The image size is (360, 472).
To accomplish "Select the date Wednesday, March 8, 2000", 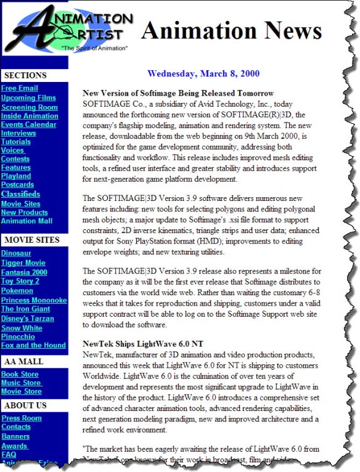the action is (203, 74).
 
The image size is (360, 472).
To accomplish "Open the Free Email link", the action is (19, 89).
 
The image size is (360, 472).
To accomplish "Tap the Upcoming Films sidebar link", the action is (28, 98).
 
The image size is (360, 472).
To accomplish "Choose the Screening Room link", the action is (30, 107).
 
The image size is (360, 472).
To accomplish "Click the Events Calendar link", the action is (28, 124).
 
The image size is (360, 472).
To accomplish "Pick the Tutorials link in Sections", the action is (16, 142).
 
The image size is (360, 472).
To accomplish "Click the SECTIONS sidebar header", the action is (25, 75).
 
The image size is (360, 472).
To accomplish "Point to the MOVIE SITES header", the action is (31, 240).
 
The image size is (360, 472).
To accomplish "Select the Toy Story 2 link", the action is (21, 280).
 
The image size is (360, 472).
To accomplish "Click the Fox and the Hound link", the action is (33, 346).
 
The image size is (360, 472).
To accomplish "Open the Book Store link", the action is (20, 375).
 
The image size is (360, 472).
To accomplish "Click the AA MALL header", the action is (23, 360).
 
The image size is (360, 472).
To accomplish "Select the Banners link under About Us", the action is (15, 436).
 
